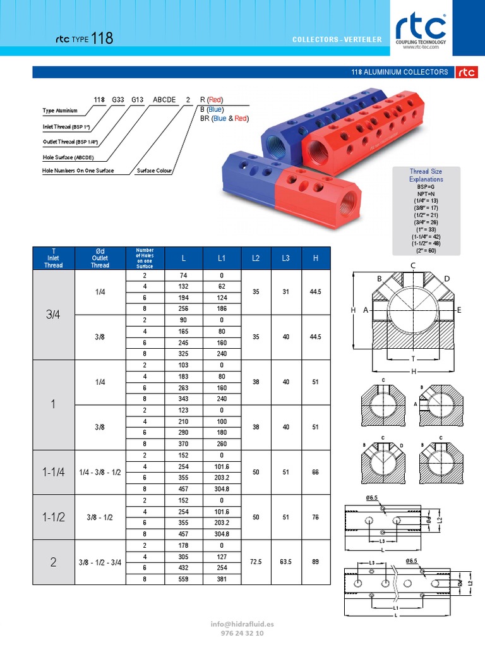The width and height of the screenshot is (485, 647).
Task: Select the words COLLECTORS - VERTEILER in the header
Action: tap(337, 40)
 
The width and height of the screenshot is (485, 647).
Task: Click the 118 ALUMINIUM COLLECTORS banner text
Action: tap(400, 72)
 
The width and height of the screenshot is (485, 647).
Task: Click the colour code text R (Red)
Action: tap(211, 99)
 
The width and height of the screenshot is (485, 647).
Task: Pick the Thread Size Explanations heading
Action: tap(426, 175)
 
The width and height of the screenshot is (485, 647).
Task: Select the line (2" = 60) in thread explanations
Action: tap(426, 250)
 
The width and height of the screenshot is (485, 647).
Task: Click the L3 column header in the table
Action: tap(286, 258)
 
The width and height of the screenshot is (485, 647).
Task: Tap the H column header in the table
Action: tap(315, 258)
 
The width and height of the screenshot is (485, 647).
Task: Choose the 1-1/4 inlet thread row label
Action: tap(54, 472)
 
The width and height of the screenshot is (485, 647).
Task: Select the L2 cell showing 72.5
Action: tap(256, 562)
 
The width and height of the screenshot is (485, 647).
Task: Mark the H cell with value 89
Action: tap(315, 562)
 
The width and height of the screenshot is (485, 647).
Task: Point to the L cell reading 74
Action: tap(183, 275)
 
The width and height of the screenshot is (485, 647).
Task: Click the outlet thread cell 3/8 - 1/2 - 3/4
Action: tap(100, 562)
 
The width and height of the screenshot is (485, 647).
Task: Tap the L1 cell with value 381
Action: tap(222, 579)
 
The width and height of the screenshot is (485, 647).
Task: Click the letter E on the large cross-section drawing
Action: tap(459, 310)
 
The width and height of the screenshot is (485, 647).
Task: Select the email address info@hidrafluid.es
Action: tap(242, 624)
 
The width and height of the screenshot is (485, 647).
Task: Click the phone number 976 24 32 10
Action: tap(242, 633)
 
